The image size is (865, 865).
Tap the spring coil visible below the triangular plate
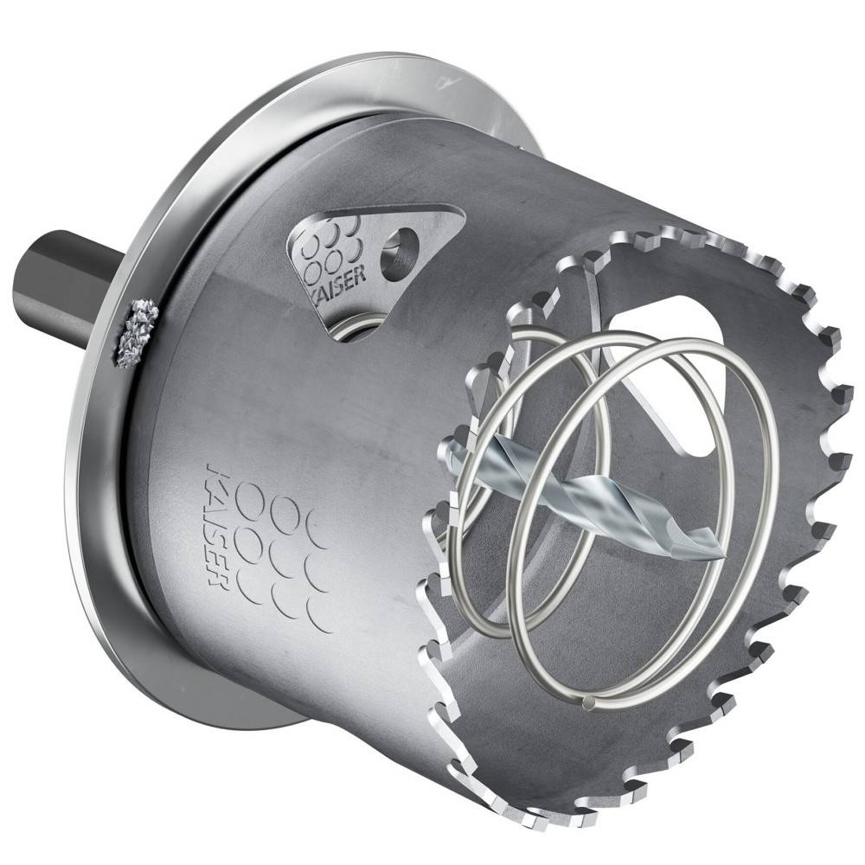[359, 327]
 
